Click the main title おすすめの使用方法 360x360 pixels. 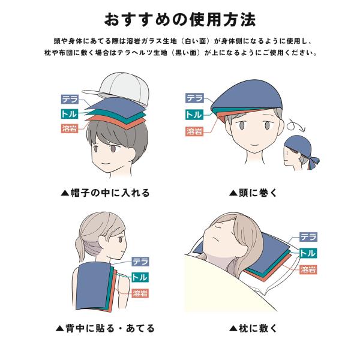click(x=180, y=20)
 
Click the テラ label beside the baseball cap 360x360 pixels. click(x=70, y=99)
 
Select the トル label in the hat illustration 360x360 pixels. click(x=70, y=114)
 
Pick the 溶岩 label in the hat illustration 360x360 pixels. click(x=70, y=128)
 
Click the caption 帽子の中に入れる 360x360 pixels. click(x=106, y=193)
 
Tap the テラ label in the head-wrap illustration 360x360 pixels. click(x=194, y=98)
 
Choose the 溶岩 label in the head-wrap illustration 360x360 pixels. click(x=194, y=131)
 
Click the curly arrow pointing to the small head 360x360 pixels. click(x=296, y=125)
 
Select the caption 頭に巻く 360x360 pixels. click(x=253, y=193)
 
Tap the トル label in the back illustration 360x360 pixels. click(x=140, y=277)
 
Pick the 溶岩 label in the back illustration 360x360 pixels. click(x=140, y=293)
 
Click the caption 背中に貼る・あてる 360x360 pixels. click(x=105, y=328)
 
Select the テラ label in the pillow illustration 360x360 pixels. click(x=308, y=237)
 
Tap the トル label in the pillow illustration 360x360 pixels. click(x=308, y=253)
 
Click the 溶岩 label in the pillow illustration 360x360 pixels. click(x=308, y=269)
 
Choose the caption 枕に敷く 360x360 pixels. click(x=253, y=328)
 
